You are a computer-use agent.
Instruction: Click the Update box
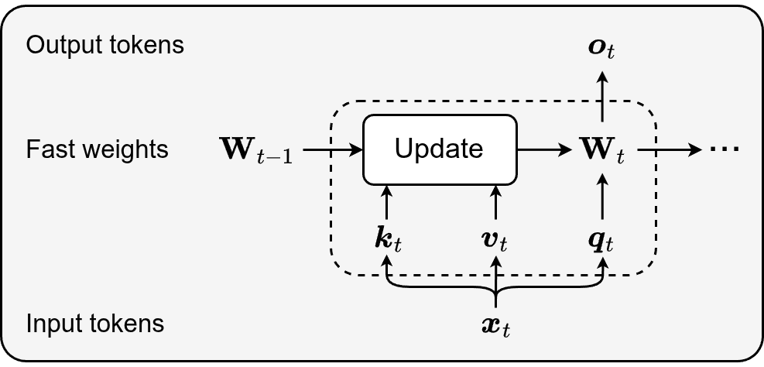440,149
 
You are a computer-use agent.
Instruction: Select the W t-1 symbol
257,150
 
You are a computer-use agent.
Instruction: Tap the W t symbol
602,150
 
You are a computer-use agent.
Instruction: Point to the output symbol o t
601,49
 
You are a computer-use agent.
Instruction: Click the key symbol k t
388,241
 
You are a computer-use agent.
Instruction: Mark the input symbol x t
495,326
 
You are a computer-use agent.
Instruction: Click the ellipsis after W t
725,149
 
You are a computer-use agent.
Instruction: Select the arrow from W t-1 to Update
334,149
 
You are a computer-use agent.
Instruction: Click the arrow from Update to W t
543,149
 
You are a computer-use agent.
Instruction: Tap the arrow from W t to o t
602,97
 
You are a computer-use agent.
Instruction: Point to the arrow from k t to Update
387,202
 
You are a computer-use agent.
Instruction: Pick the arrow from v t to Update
496,202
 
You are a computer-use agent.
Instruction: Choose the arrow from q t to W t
602,197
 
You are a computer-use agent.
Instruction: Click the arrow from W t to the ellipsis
670,149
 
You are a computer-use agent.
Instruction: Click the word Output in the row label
57,45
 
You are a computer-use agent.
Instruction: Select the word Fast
50,149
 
